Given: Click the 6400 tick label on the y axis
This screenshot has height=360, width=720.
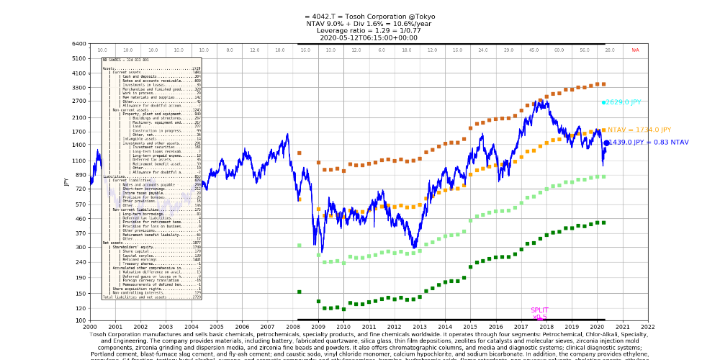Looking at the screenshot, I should [x=79, y=44].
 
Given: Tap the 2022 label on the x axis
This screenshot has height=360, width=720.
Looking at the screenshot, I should [x=649, y=326].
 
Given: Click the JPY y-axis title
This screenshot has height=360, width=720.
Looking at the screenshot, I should [x=66, y=181].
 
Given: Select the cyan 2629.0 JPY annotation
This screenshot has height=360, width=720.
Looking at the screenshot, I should [x=624, y=103].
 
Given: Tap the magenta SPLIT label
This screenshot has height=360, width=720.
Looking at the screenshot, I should [x=539, y=310].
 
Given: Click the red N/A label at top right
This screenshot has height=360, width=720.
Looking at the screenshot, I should [x=635, y=50].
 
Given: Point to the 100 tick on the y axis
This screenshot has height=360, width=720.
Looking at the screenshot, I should [x=80, y=320].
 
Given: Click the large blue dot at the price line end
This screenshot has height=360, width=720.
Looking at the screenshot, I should [x=607, y=143].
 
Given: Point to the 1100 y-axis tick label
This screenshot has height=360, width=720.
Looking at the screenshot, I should [x=79, y=161].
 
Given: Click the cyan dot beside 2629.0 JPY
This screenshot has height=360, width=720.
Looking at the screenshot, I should [x=604, y=103].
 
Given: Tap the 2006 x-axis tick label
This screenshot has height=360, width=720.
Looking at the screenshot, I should [x=242, y=326].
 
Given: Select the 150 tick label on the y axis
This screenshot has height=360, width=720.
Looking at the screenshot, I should [x=80, y=294].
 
